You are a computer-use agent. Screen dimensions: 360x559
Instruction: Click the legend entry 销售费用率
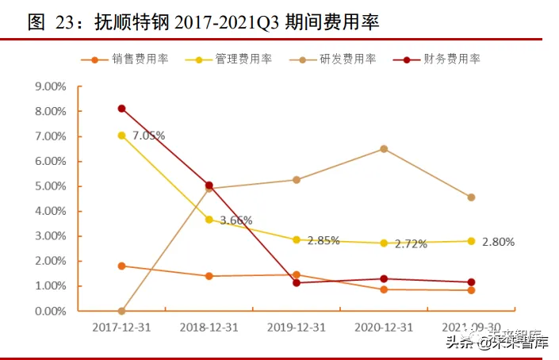click(x=140, y=59)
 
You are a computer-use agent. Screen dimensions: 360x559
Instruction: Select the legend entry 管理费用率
click(x=243, y=59)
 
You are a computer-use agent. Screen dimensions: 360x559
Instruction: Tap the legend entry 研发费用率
click(x=347, y=59)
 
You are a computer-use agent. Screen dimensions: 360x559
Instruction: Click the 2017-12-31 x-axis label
click(x=121, y=326)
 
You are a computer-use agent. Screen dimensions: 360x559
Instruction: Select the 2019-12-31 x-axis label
click(x=296, y=326)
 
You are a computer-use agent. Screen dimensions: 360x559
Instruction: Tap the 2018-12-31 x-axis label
click(x=209, y=326)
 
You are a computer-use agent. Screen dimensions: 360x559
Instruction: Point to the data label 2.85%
click(x=322, y=241)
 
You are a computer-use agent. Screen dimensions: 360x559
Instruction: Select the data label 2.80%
click(x=497, y=242)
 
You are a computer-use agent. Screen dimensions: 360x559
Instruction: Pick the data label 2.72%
click(x=409, y=244)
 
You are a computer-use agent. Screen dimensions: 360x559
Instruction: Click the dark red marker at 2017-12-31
click(x=121, y=109)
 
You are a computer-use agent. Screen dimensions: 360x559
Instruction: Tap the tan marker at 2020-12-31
click(x=384, y=149)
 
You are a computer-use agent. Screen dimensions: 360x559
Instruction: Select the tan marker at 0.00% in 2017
click(x=121, y=311)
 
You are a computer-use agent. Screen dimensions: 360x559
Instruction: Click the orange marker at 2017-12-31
click(x=121, y=266)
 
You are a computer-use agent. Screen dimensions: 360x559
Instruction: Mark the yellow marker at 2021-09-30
click(x=471, y=241)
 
